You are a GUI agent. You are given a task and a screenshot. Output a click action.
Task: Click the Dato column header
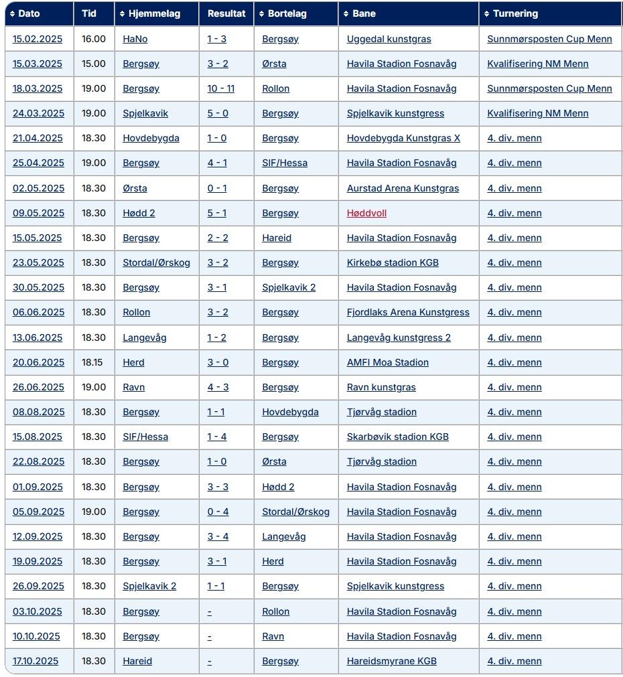pos(29,13)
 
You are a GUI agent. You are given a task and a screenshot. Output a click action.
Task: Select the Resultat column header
pos(226,13)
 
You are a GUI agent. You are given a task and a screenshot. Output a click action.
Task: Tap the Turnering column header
pos(515,13)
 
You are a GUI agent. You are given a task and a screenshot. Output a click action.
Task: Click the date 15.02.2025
pos(38,39)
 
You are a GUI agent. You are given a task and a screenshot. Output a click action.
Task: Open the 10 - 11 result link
pos(221,88)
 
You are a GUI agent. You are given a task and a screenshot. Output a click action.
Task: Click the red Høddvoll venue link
pos(366,213)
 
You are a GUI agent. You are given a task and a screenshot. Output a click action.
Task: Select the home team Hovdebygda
pos(151,138)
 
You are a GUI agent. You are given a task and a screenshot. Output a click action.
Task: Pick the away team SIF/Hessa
pos(285,163)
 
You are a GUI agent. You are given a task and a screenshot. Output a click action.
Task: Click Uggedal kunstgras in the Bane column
pos(389,39)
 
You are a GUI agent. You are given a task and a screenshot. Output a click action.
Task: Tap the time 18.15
pos(93,362)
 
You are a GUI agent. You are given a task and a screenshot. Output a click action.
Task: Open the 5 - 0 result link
pos(218,113)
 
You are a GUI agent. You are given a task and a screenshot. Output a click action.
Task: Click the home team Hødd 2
pos(139,213)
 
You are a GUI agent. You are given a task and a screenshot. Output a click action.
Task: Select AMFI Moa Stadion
pos(387,362)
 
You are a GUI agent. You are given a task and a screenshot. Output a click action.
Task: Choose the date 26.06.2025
pos(38,387)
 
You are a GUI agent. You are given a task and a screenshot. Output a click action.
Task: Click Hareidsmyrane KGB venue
pos(391,661)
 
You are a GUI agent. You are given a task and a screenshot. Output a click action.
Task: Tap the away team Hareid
pos(277,238)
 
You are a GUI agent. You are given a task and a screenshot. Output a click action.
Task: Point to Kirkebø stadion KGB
pos(393,262)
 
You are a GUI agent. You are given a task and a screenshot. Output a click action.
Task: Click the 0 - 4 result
pos(218,512)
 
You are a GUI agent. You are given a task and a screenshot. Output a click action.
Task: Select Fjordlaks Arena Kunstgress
pos(408,312)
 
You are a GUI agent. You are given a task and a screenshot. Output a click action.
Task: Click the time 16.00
pos(94,39)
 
